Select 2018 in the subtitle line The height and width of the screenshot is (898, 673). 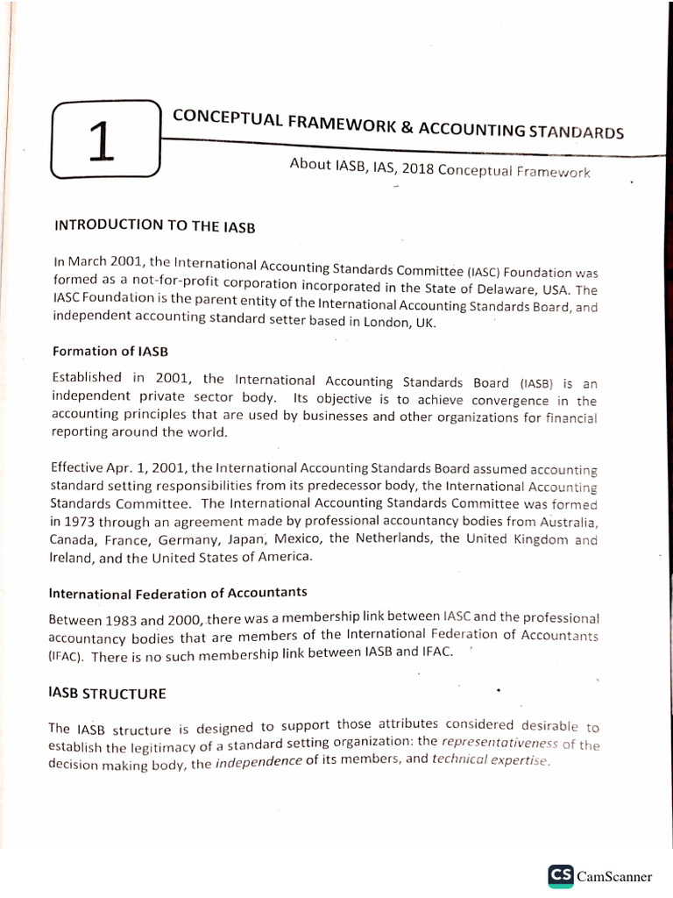tap(415, 167)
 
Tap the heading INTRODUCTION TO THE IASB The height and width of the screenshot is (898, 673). tap(154, 224)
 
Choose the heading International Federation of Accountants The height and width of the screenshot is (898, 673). tap(180, 594)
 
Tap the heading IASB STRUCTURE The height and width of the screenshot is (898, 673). tap(108, 694)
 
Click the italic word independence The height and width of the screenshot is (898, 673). tap(259, 762)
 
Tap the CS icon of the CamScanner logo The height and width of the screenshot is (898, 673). tap(561, 875)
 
